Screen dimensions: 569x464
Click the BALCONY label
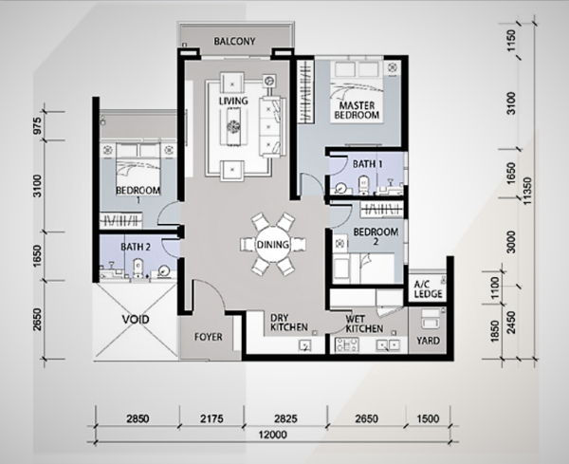click(234, 41)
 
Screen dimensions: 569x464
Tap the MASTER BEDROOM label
click(357, 110)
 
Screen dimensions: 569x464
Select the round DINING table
click(273, 245)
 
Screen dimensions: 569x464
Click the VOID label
click(136, 320)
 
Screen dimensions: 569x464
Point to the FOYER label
click(209, 337)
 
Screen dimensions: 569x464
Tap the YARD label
click(428, 341)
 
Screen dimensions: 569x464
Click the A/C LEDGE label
click(428, 289)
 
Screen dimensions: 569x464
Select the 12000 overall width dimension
click(273, 435)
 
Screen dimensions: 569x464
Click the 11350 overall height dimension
click(527, 191)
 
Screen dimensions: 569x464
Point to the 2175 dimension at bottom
click(211, 418)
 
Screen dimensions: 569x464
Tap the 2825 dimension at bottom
click(285, 418)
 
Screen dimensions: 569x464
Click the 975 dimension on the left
click(38, 125)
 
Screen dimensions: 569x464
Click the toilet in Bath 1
click(363, 184)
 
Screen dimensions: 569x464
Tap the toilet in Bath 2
click(138, 268)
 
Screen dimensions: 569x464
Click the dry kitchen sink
click(304, 345)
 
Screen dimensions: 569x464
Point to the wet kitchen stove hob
click(347, 344)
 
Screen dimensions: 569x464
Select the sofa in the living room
click(270, 127)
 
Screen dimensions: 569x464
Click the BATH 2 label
click(136, 247)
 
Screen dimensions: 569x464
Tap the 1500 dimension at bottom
click(428, 418)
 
